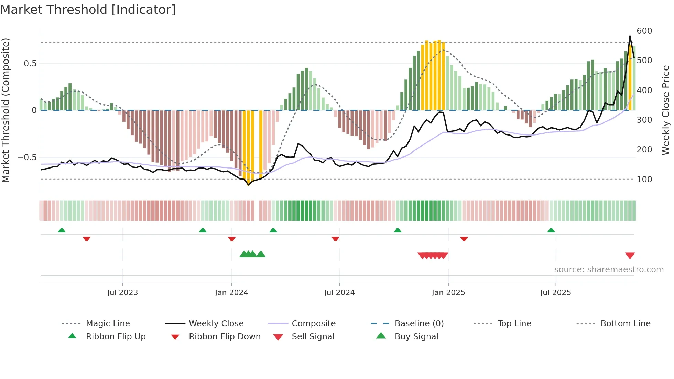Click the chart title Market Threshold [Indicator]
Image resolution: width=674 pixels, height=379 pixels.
(88, 10)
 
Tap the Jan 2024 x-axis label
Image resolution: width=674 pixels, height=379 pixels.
(231, 293)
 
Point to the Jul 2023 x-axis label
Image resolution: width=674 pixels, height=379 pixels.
(122, 293)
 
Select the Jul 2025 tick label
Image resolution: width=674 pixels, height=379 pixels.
(555, 293)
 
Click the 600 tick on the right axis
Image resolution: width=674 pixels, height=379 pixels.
(644, 31)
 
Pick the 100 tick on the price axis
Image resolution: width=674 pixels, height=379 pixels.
(644, 180)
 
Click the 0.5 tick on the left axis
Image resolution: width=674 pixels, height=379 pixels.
(30, 64)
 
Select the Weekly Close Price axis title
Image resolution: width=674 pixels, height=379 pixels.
(666, 110)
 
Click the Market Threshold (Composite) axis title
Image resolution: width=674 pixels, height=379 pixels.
(6, 110)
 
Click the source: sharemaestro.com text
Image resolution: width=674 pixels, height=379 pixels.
(609, 270)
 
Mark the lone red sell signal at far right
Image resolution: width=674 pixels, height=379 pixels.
(630, 256)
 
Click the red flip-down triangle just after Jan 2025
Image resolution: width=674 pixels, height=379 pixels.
(464, 239)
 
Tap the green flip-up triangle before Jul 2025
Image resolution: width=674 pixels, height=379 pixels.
(551, 230)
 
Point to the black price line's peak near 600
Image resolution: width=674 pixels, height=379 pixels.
(630, 36)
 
